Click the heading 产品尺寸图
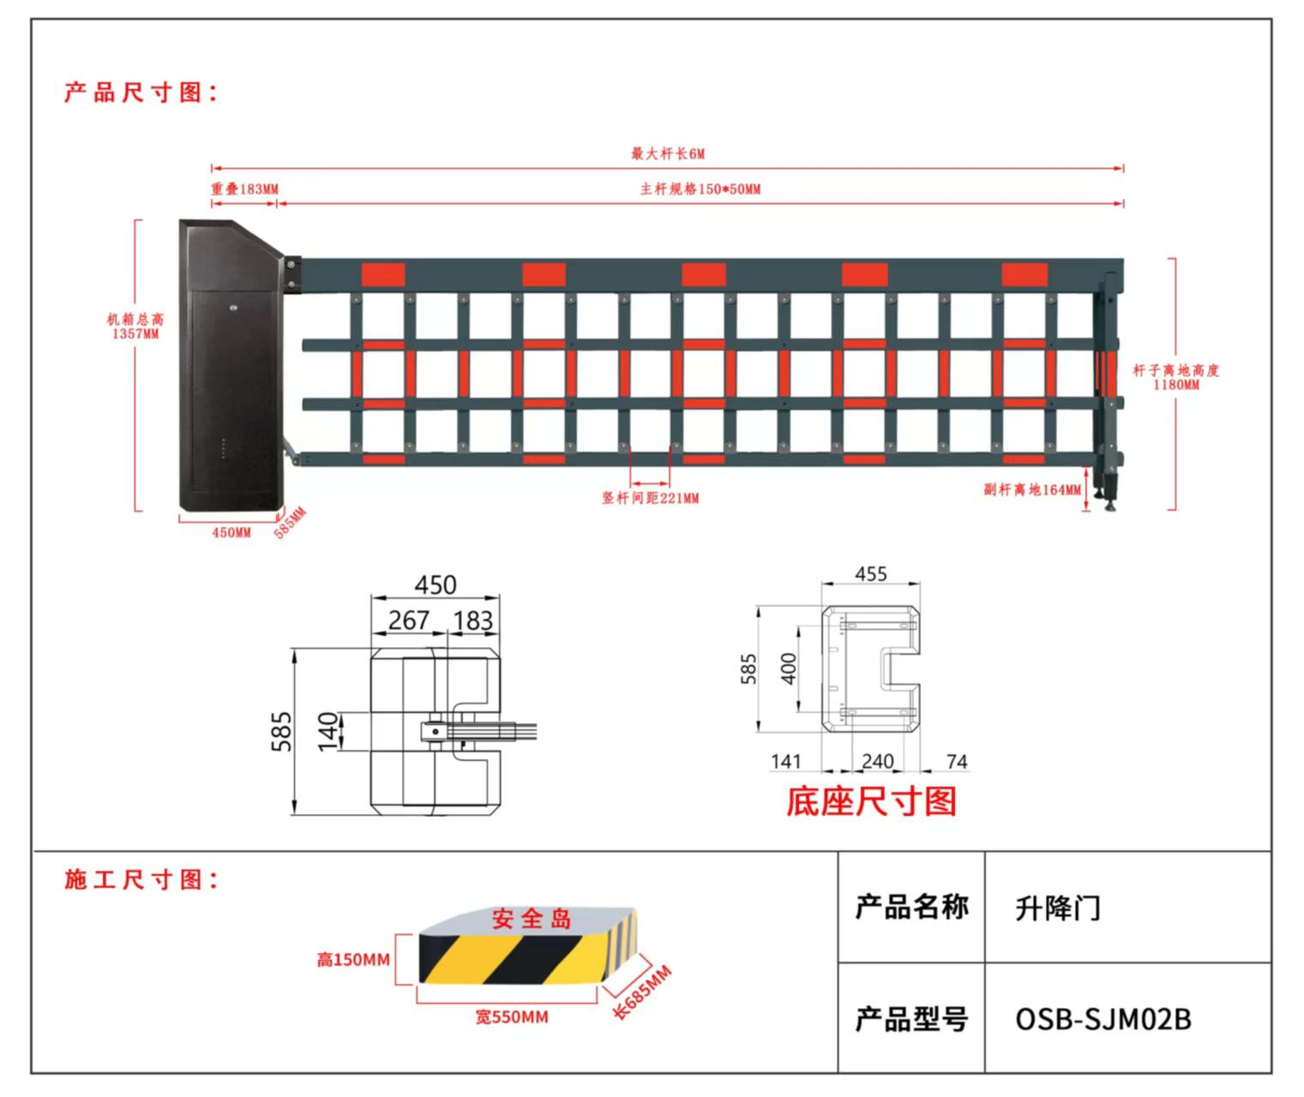tap(141, 92)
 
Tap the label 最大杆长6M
tap(667, 154)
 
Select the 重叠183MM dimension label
tap(244, 189)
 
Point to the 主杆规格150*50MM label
tap(700, 189)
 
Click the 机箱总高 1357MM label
tap(135, 326)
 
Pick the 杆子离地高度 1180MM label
tap(1175, 377)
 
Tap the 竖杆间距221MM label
tap(650, 498)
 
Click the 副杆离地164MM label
tap(1032, 489)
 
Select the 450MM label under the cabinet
tap(231, 532)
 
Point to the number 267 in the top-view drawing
tap(408, 620)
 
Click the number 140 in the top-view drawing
tap(328, 731)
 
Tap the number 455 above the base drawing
tap(870, 574)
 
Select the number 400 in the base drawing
tap(789, 668)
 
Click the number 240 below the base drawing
tap(877, 761)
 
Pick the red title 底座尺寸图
tap(871, 801)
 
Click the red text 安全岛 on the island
tap(532, 920)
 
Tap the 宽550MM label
tap(512, 1017)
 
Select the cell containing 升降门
tap(1127, 908)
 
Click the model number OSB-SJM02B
tap(1103, 1019)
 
